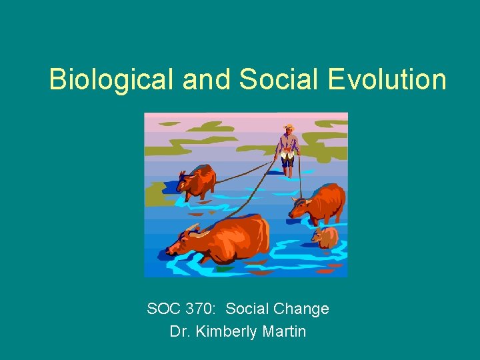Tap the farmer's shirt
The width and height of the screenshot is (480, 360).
(288, 143)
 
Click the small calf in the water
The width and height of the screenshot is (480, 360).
(326, 237)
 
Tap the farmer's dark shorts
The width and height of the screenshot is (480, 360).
(288, 160)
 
